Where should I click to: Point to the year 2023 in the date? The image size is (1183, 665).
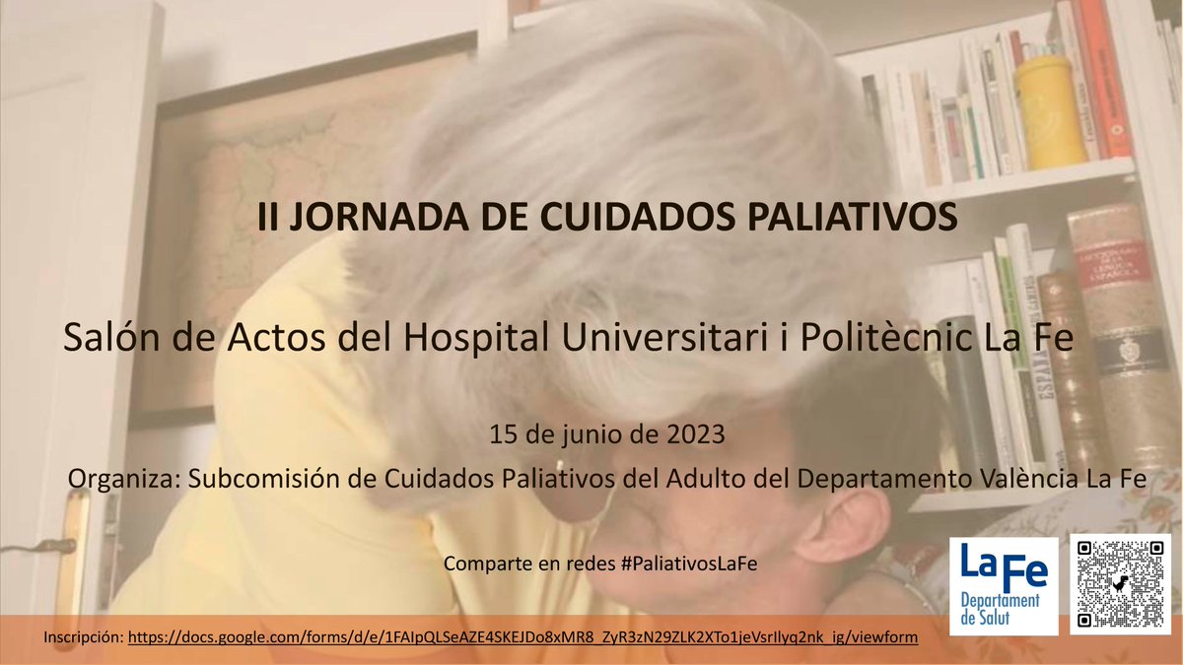click(698, 432)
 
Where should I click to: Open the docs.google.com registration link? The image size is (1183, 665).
click(523, 637)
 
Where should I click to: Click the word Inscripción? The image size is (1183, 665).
click(83, 637)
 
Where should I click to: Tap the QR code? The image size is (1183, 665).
click(1121, 582)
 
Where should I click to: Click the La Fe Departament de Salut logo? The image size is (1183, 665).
click(1003, 582)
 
